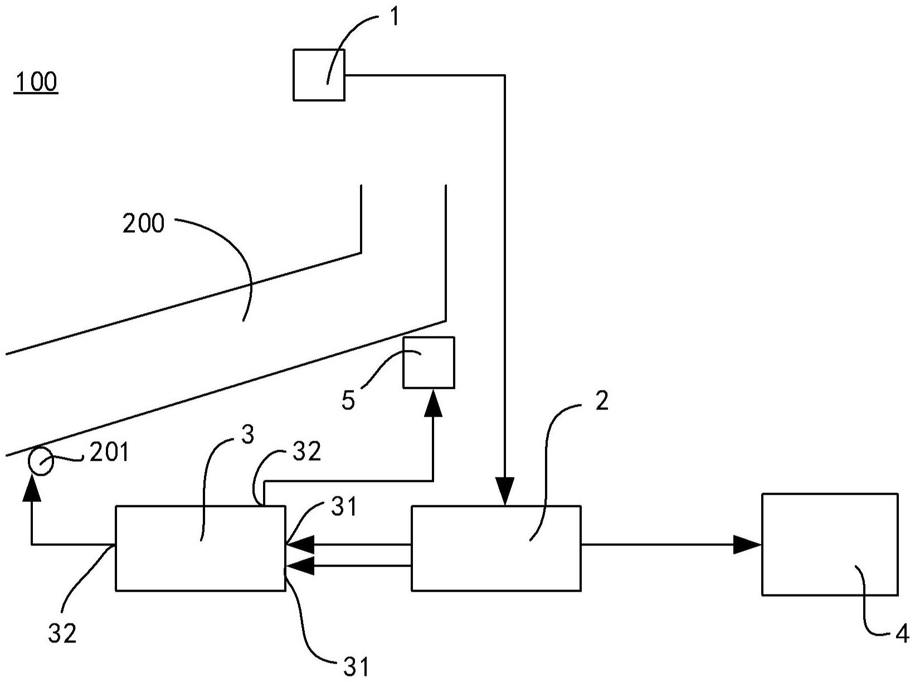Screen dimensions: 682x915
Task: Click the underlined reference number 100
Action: click(36, 82)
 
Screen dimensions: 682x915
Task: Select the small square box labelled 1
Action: click(319, 75)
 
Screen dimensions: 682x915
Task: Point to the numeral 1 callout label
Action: click(394, 17)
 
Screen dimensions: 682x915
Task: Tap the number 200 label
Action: click(143, 224)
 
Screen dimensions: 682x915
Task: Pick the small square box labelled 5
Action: click(429, 362)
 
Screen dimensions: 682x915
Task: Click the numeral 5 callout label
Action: click(348, 401)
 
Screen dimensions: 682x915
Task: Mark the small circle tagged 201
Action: click(41, 462)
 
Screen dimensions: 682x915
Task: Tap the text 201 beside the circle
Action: click(109, 452)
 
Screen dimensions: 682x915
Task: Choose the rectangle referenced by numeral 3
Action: click(200, 548)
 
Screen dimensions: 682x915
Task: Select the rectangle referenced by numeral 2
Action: click(496, 548)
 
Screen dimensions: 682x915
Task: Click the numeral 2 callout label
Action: click(602, 401)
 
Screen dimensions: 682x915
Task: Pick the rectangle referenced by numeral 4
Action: click(829, 544)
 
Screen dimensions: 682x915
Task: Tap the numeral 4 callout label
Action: click(902, 634)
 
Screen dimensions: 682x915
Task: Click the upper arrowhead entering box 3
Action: click(300, 544)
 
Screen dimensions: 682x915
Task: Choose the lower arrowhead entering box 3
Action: click(300, 566)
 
